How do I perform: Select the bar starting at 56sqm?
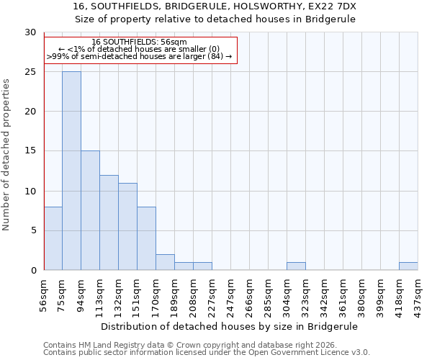click(x=53, y=238)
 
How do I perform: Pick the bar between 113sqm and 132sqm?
click(x=109, y=222)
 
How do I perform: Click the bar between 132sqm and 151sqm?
click(x=127, y=226)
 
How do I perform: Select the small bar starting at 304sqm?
click(x=296, y=266)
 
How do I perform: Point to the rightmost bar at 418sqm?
click(x=408, y=266)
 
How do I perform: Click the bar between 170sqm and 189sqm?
click(x=165, y=262)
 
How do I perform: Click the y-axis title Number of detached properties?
click(x=7, y=155)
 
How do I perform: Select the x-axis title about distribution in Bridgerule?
click(x=230, y=326)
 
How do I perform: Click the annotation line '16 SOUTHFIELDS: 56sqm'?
click(x=140, y=42)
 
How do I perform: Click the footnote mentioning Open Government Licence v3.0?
click(x=207, y=353)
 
